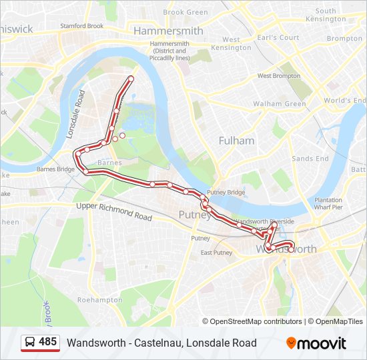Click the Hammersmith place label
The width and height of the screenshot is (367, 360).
click(x=168, y=31)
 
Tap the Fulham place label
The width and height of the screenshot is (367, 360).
click(x=237, y=141)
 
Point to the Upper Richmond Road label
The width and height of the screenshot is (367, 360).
click(x=114, y=212)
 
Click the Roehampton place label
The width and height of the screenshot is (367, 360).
click(x=100, y=300)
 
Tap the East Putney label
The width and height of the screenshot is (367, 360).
click(x=216, y=253)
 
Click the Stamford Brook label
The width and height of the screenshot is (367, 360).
click(x=81, y=26)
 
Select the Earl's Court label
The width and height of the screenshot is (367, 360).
click(x=280, y=37)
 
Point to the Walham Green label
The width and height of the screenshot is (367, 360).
click(x=279, y=104)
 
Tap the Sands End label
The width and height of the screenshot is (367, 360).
click(x=310, y=159)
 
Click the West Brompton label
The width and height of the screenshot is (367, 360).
click(x=279, y=76)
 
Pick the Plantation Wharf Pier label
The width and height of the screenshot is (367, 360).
click(x=328, y=203)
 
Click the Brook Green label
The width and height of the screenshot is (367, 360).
click(x=186, y=12)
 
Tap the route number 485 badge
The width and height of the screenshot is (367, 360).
click(x=47, y=342)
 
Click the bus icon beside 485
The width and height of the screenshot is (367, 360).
click(x=30, y=342)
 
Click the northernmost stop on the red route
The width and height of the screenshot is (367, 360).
click(x=131, y=79)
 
